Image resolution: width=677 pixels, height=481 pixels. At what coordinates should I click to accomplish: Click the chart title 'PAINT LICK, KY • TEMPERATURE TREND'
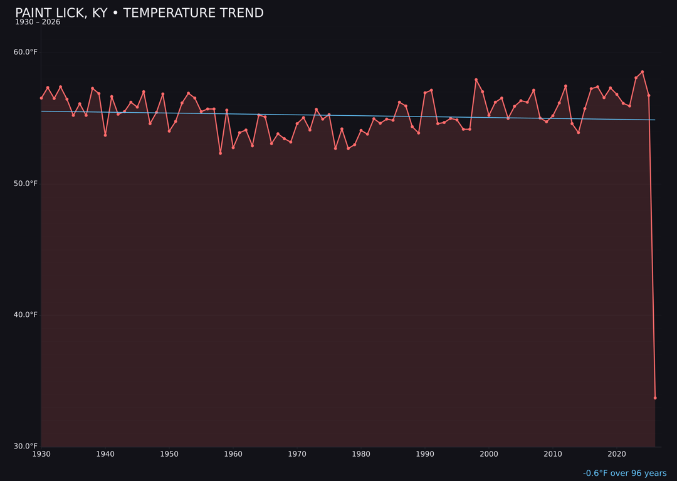pos(139,13)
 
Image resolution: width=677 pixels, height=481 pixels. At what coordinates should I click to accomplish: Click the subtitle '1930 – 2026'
pos(38,22)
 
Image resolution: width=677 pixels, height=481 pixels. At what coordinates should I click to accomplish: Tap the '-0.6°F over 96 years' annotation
pos(624,473)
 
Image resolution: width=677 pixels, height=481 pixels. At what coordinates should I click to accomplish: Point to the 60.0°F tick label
pos(26,52)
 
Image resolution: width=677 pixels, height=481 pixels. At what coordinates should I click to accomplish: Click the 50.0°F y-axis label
pos(26,184)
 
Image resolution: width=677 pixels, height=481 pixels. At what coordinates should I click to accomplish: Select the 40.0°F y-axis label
pos(26,314)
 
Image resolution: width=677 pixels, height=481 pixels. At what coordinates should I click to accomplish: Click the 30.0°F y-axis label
pos(26,446)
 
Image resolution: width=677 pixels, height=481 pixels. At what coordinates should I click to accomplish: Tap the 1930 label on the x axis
pos(41,454)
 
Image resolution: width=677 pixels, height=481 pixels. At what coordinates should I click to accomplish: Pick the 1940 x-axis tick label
pos(105,454)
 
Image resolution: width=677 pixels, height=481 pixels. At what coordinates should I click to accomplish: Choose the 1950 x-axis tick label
pos(169,454)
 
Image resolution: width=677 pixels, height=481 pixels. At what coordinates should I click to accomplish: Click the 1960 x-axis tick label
pos(233,454)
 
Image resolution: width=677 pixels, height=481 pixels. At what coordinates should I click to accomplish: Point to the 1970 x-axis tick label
pos(297,454)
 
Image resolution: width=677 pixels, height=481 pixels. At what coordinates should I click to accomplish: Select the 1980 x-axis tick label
pos(361,454)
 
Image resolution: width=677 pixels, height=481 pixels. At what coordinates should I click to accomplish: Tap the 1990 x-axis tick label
pos(425,454)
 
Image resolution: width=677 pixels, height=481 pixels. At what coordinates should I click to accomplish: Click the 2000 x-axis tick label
pos(489,454)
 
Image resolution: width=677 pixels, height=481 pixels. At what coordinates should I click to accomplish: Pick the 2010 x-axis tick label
pos(553,454)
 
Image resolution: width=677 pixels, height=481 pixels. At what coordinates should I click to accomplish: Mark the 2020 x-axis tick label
pos(617,454)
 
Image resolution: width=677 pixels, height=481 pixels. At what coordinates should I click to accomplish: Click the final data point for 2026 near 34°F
pos(655,398)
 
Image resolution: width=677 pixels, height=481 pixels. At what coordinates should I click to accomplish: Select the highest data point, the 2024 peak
pos(643,72)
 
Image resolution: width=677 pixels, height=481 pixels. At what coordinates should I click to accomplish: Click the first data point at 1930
pos(41,98)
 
